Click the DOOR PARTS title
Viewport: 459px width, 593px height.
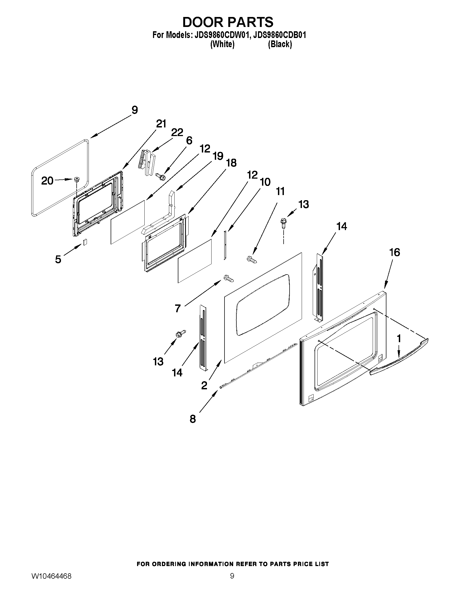click(x=227, y=22)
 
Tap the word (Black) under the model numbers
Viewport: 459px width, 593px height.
click(x=280, y=44)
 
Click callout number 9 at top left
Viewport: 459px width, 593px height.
click(x=135, y=110)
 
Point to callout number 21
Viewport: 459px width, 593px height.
click(x=161, y=124)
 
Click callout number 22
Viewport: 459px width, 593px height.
click(x=177, y=133)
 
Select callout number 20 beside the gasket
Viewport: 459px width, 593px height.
click(x=47, y=181)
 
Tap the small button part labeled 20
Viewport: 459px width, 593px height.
click(x=77, y=179)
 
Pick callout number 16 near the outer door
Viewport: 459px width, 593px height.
click(x=395, y=252)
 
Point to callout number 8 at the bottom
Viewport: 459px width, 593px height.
click(x=192, y=419)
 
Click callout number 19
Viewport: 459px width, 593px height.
click(x=218, y=156)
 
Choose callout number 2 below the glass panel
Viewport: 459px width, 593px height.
click(x=204, y=385)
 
